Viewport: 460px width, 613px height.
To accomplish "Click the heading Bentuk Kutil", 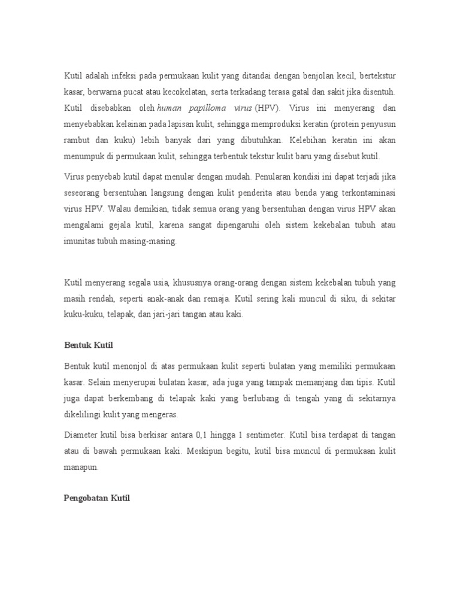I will pyautogui.click(x=88, y=346).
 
